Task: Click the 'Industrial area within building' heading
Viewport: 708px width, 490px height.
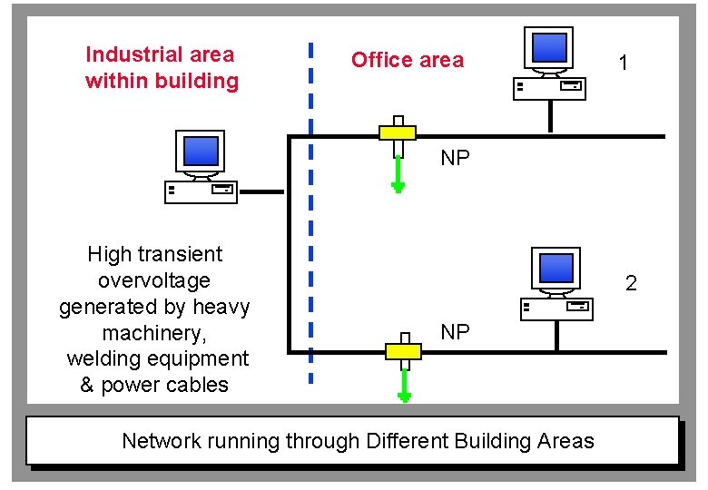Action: coord(162,68)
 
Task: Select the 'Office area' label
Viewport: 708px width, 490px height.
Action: coord(407,61)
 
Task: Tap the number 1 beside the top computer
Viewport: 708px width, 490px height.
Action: coord(623,63)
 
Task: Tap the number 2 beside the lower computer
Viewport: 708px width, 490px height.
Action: coord(631,283)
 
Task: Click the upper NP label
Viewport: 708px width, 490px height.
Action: coord(455,159)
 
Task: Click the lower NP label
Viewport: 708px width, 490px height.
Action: coord(455,332)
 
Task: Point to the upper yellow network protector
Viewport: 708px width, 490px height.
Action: coord(397,132)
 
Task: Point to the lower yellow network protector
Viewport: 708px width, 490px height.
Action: coord(404,350)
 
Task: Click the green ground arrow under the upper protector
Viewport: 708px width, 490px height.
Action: coord(398,172)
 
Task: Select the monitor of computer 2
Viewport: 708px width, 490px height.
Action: coord(556,269)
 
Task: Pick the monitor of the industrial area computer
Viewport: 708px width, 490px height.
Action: coord(201,152)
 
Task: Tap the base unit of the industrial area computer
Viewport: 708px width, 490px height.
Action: coord(201,191)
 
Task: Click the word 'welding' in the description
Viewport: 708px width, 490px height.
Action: coord(103,358)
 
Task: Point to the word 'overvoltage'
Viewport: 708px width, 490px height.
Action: coord(153,280)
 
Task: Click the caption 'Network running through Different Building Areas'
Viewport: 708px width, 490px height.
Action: coord(358,441)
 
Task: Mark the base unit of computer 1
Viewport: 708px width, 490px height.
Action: coord(549,88)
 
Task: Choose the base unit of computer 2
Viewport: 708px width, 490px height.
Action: coord(556,309)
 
